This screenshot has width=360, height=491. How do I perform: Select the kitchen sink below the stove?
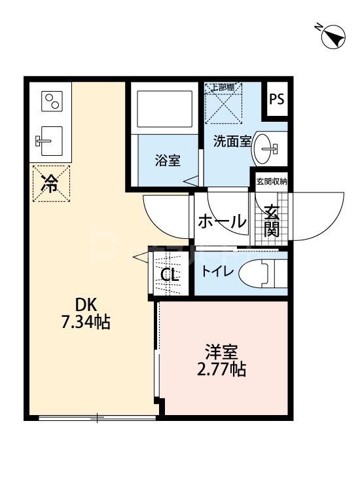click(50, 140)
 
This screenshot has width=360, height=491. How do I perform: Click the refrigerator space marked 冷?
click(50, 183)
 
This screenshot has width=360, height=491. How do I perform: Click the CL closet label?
click(170, 275)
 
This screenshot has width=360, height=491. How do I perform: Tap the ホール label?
click(222, 222)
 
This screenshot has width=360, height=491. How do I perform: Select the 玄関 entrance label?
click(272, 221)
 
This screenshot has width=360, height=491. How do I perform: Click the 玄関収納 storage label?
click(271, 181)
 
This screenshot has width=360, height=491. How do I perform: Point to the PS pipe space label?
click(276, 100)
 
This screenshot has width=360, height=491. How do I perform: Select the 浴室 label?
click(168, 160)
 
